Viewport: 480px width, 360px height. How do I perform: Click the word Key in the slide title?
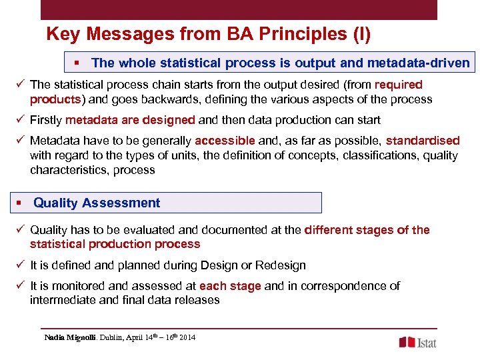coord(61,33)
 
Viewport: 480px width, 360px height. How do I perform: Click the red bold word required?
coord(399,85)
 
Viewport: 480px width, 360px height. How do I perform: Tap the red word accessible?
coord(225,141)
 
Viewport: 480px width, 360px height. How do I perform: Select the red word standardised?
coord(423,141)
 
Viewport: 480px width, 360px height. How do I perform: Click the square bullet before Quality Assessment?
coord(22,203)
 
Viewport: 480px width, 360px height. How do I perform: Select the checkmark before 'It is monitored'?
coord(21,286)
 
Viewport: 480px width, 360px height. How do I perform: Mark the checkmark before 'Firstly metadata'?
coord(21,120)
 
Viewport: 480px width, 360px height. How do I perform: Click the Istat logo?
coord(418,342)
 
